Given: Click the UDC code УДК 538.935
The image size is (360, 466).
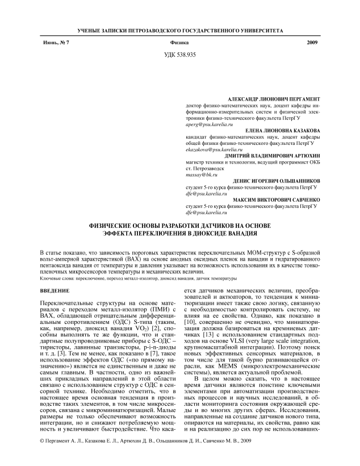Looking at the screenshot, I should point(179,55).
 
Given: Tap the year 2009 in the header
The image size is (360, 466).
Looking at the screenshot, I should point(312,43).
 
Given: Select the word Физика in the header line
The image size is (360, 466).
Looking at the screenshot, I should point(179,43).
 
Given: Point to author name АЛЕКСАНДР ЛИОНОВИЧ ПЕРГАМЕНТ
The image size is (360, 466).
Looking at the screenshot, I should point(273,99).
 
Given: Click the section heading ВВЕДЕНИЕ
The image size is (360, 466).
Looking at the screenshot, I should point(55,290).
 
